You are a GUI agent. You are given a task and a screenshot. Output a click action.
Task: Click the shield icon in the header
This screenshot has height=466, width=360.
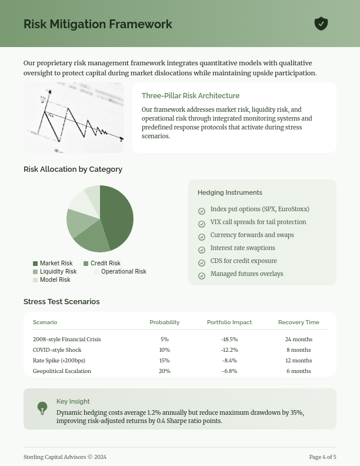tap(321, 24)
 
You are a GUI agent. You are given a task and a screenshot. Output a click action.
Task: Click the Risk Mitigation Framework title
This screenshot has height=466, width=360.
tap(98, 24)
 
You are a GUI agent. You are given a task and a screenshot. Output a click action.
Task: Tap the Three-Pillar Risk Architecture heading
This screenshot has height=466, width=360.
tap(191, 96)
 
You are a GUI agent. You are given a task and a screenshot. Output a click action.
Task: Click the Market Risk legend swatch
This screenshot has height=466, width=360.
tap(35, 264)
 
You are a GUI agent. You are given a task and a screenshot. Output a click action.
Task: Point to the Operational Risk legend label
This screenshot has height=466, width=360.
tap(124, 272)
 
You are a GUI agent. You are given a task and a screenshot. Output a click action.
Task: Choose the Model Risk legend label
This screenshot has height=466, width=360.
tap(55, 280)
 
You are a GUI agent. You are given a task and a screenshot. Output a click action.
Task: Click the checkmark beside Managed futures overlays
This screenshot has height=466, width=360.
tap(202, 276)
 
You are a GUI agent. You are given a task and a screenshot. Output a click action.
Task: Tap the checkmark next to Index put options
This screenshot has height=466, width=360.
tap(202, 211)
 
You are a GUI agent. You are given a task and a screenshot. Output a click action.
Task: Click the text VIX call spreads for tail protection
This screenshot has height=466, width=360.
tap(258, 222)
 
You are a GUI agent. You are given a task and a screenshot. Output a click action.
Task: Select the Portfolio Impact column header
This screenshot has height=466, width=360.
tap(229, 322)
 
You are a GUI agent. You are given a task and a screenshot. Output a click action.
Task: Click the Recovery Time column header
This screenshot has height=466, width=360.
tap(299, 322)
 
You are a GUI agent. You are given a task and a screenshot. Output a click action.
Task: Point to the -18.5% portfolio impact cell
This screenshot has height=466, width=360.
tap(229, 339)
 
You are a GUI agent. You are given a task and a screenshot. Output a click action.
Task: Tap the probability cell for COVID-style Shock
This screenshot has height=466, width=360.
tap(165, 350)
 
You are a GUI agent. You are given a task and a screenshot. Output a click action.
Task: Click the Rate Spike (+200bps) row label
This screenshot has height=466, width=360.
tap(59, 361)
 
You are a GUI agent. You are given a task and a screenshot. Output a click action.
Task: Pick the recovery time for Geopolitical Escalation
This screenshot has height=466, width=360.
tap(299, 371)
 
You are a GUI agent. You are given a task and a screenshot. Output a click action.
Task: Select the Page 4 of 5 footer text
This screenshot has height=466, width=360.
tap(323, 457)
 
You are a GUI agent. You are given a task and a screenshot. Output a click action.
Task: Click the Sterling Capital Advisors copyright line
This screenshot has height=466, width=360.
tap(65, 457)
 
